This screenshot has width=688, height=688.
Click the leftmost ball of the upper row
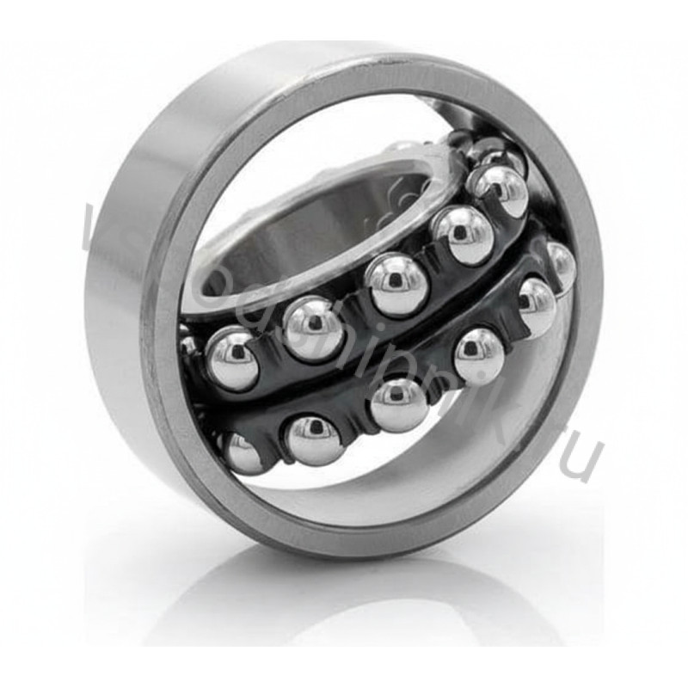pos(230,354)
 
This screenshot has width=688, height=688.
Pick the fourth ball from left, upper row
pos(463,234)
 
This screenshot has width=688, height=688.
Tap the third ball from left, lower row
pos(399,402)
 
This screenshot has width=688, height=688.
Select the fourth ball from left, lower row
pos(478,353)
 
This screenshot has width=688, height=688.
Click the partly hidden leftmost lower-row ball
pos(242,451)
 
